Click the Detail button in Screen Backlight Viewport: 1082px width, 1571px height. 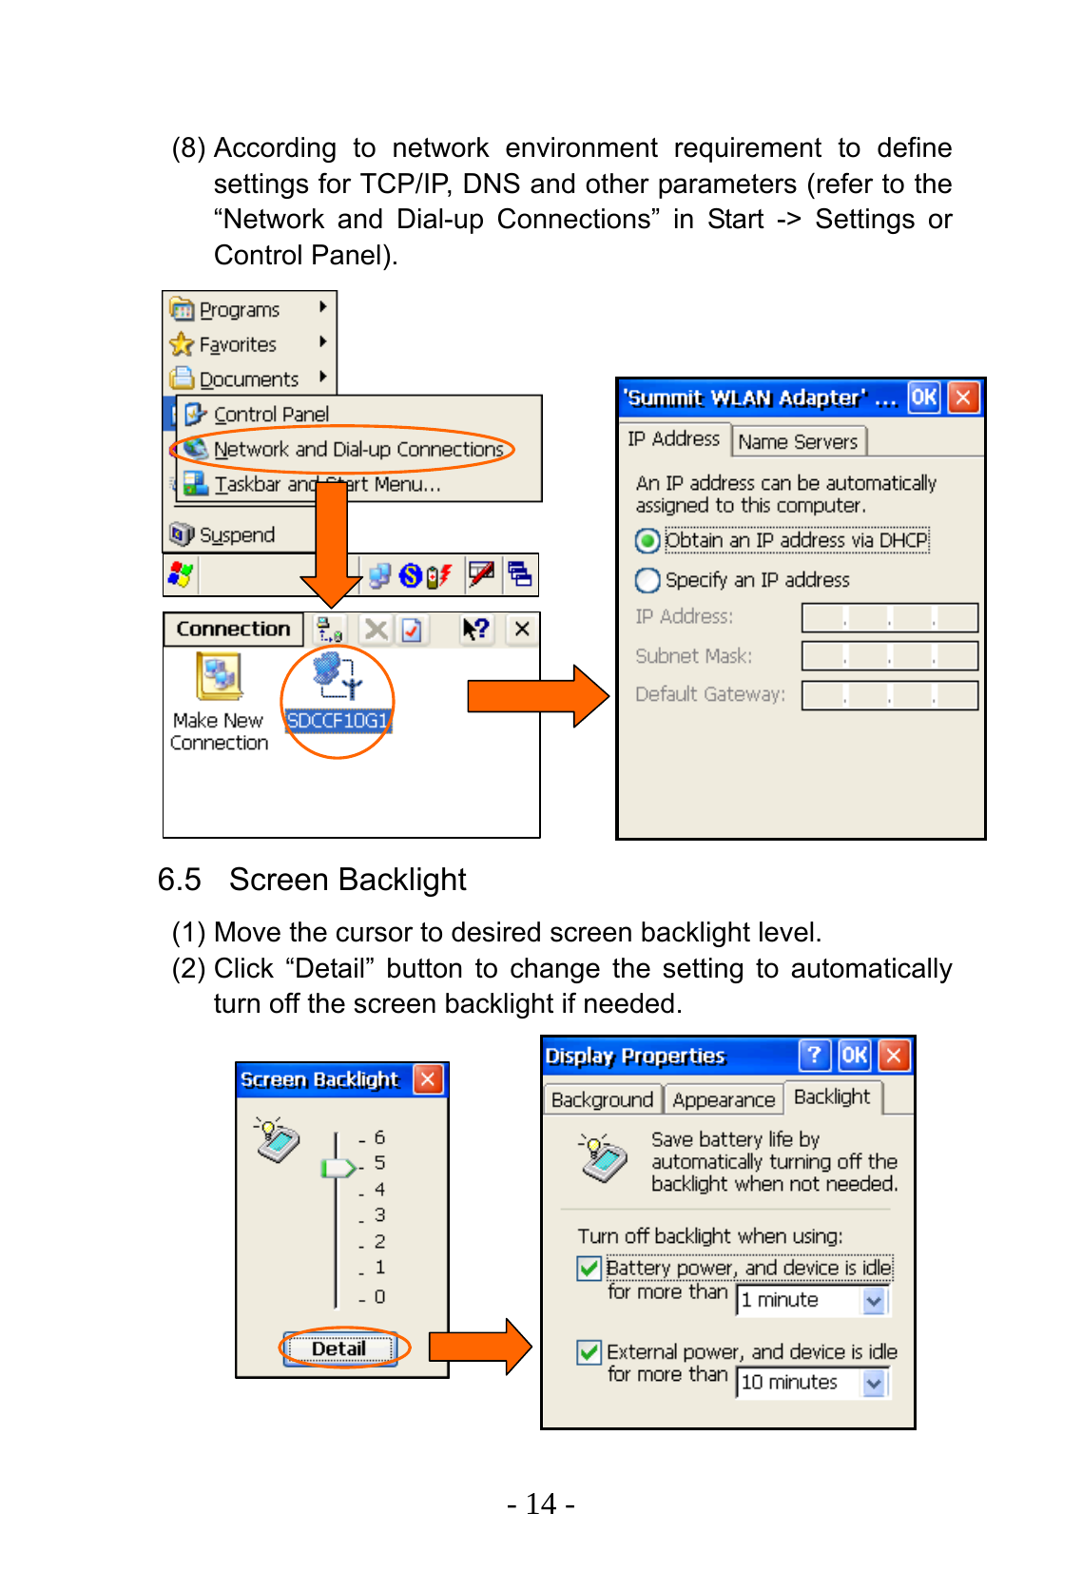[x=338, y=1348]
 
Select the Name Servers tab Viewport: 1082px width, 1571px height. [x=798, y=441]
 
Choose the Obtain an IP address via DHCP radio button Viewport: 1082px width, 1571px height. [x=647, y=541]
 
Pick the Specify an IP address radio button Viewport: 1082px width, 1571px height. [x=647, y=580]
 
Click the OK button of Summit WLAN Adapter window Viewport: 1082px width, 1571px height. [x=923, y=398]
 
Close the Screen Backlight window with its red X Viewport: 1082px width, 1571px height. [x=428, y=1079]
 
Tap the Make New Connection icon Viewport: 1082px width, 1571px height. [x=220, y=677]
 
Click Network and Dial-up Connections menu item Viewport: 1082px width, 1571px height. [x=357, y=449]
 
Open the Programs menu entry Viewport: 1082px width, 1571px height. [x=239, y=310]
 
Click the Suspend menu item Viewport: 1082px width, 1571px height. [x=236, y=535]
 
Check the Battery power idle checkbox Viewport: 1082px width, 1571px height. [x=589, y=1269]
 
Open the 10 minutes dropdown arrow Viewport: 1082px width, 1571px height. [x=874, y=1383]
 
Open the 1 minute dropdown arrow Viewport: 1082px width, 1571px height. [x=874, y=1300]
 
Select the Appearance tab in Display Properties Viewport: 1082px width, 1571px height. [x=724, y=1099]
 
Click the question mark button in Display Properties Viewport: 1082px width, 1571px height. [x=814, y=1056]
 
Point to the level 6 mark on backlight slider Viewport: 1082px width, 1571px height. [x=378, y=1137]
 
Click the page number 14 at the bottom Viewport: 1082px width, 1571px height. [x=541, y=1503]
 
